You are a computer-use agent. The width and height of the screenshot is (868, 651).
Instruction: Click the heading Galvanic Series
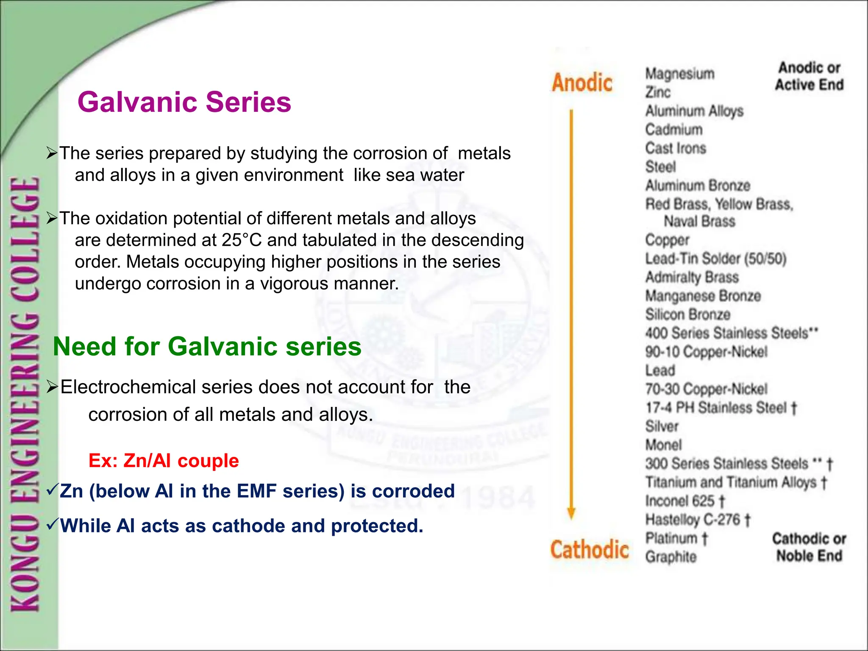(184, 102)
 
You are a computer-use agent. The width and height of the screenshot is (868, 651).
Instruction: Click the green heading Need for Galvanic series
(207, 346)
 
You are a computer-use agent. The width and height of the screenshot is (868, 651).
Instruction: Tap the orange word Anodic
(582, 83)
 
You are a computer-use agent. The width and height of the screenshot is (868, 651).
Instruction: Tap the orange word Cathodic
(589, 550)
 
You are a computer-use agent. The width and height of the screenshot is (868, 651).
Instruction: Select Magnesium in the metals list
(679, 74)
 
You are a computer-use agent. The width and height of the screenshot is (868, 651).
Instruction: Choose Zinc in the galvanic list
(657, 92)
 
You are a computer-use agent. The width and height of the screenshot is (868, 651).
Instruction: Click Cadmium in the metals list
(673, 130)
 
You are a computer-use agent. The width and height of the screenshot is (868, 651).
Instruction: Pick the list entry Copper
(667, 240)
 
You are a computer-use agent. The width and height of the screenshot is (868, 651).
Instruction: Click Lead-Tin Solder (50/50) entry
(715, 259)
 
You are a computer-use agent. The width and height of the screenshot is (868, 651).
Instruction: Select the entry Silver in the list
(662, 426)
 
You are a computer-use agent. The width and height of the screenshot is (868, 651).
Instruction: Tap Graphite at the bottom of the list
(670, 557)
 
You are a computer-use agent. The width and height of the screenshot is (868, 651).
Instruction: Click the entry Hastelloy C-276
(697, 520)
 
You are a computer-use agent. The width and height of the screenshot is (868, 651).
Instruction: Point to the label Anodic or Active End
(809, 76)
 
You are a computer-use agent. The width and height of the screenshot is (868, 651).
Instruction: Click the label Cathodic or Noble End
(809, 547)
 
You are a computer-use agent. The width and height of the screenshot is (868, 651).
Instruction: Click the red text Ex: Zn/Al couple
(164, 461)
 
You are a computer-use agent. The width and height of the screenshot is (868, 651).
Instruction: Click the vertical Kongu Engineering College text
(25, 394)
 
